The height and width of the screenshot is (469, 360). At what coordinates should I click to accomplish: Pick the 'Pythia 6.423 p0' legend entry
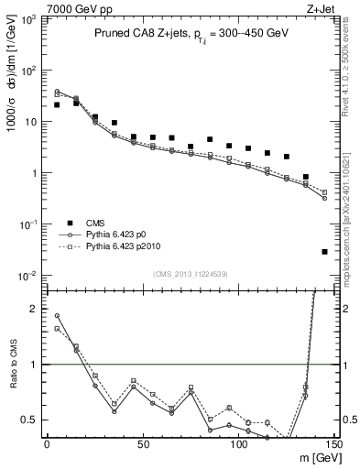110,235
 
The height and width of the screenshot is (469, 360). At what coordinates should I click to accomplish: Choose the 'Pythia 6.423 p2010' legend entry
115,247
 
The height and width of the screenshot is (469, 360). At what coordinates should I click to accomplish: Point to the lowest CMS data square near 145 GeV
325,251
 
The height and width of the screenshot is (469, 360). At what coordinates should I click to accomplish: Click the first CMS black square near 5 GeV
57,104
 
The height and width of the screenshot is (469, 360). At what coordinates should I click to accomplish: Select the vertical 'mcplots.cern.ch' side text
350,229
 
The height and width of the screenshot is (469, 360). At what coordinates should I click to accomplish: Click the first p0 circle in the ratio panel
57,316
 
